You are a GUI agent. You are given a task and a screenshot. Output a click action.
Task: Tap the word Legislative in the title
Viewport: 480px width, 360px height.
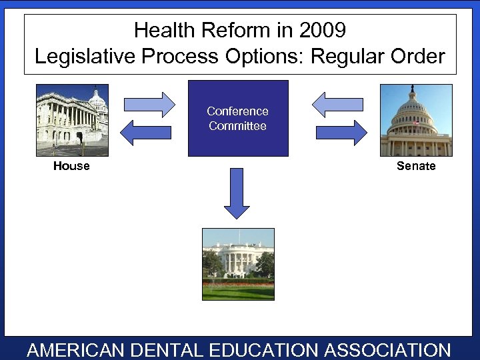tap(87, 57)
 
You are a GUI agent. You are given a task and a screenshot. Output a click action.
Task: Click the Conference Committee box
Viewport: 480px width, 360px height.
tap(238, 119)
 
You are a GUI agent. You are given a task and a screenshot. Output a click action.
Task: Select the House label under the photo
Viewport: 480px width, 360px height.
tap(71, 166)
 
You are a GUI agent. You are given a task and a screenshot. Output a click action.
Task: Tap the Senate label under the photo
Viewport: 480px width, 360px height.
tap(416, 166)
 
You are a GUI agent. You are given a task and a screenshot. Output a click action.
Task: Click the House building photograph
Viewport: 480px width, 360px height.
tap(72, 120)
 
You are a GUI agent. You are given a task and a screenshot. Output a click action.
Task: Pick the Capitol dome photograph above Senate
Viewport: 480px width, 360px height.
tap(416, 120)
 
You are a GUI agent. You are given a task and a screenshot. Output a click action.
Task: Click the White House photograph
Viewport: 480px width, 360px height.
tap(238, 264)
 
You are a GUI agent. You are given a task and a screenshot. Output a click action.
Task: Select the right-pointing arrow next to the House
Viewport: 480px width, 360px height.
tap(149, 104)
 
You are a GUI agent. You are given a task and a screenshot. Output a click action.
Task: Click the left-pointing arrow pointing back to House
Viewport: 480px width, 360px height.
tap(148, 132)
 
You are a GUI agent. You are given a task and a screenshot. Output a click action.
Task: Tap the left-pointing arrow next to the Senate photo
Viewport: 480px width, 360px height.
tap(338, 104)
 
